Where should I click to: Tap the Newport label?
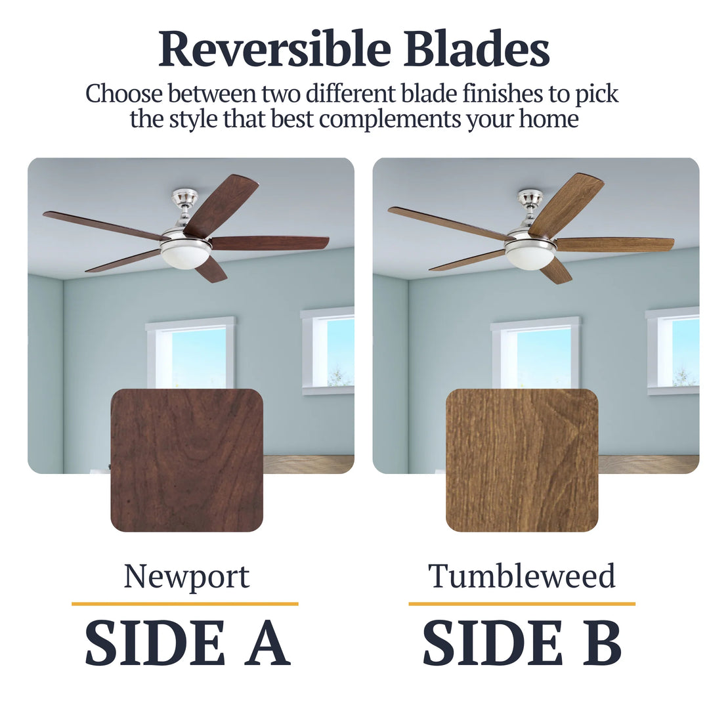186,576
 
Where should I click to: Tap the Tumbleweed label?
522,576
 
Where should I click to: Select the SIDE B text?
522,643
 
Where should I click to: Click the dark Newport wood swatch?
186,460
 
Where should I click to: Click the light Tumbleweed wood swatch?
522,460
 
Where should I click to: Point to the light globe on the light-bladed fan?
530,257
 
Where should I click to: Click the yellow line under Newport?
184,603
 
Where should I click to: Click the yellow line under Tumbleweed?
522,603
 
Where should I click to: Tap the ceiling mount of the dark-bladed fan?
184,197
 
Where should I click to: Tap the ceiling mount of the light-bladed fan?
530,197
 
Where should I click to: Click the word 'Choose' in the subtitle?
123,94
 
